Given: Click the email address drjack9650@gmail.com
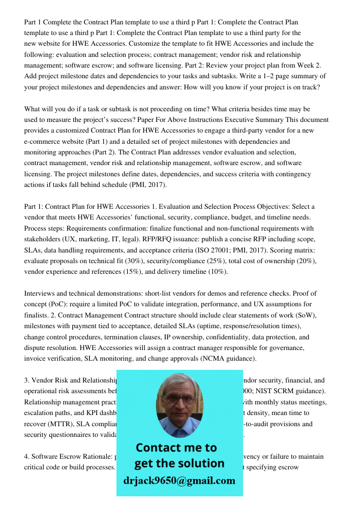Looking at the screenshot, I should point(179,481).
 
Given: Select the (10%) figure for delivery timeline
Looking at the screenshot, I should point(218,271).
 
